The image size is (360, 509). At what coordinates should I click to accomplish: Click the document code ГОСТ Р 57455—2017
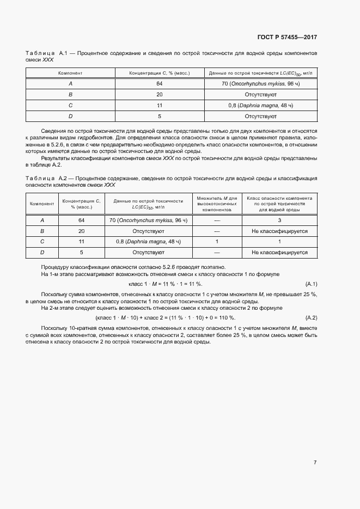pos(286,38)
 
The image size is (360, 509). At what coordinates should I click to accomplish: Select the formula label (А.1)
pos(311,284)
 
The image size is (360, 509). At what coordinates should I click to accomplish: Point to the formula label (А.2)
pos(311,317)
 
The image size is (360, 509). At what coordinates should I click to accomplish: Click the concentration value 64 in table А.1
pos(160,83)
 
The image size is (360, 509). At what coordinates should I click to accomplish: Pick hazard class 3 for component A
pos(279,220)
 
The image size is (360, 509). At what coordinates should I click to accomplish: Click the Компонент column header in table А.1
pos(70,72)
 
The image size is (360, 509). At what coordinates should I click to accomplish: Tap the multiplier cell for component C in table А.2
pos(217,241)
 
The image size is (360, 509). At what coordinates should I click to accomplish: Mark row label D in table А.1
pos(70,116)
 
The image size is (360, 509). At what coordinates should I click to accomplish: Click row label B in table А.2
pos(42,231)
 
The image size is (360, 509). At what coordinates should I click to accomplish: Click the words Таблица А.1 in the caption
pos(46,53)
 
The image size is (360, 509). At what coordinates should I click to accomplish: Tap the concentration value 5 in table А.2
pos(82,252)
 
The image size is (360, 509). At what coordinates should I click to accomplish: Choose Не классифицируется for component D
pos(279,252)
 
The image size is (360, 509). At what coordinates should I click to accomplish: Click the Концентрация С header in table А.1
pos(160,72)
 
